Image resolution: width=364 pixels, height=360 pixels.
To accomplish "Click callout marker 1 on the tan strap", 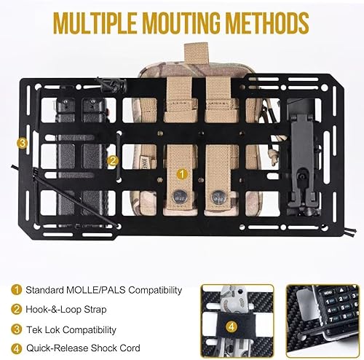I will point(182,175).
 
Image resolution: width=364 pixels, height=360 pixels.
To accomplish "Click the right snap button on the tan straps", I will point(216,195).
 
